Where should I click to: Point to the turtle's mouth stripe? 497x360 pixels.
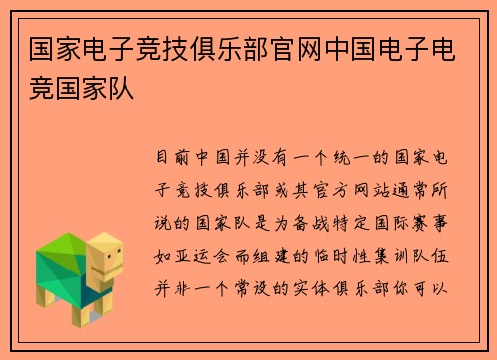coord(111,270)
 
